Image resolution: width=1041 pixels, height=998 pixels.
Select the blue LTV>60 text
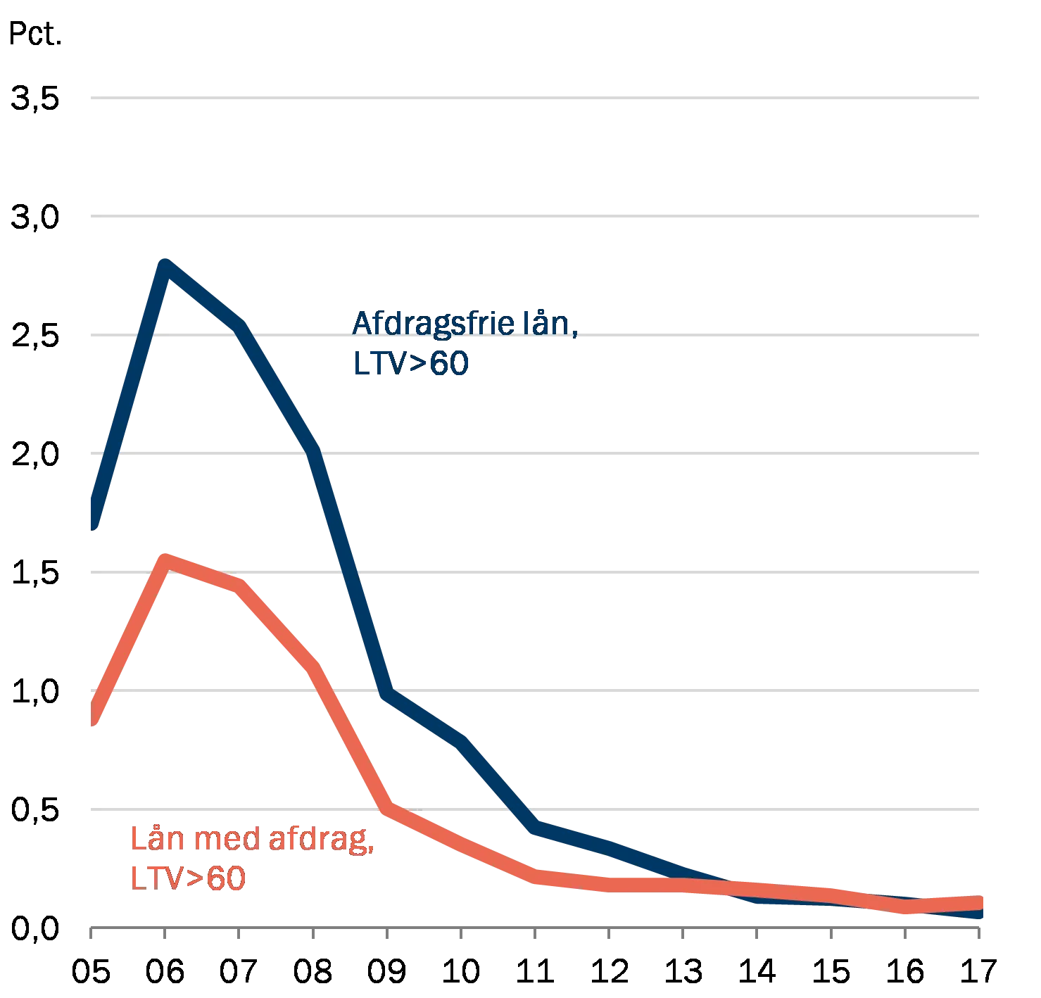(x=410, y=364)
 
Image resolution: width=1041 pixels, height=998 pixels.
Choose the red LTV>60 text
(x=188, y=879)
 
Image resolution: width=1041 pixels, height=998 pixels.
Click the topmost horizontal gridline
(x=535, y=99)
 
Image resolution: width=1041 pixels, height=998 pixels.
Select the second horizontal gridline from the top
(x=535, y=216)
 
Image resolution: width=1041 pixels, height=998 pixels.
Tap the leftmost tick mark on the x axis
(x=90, y=933)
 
